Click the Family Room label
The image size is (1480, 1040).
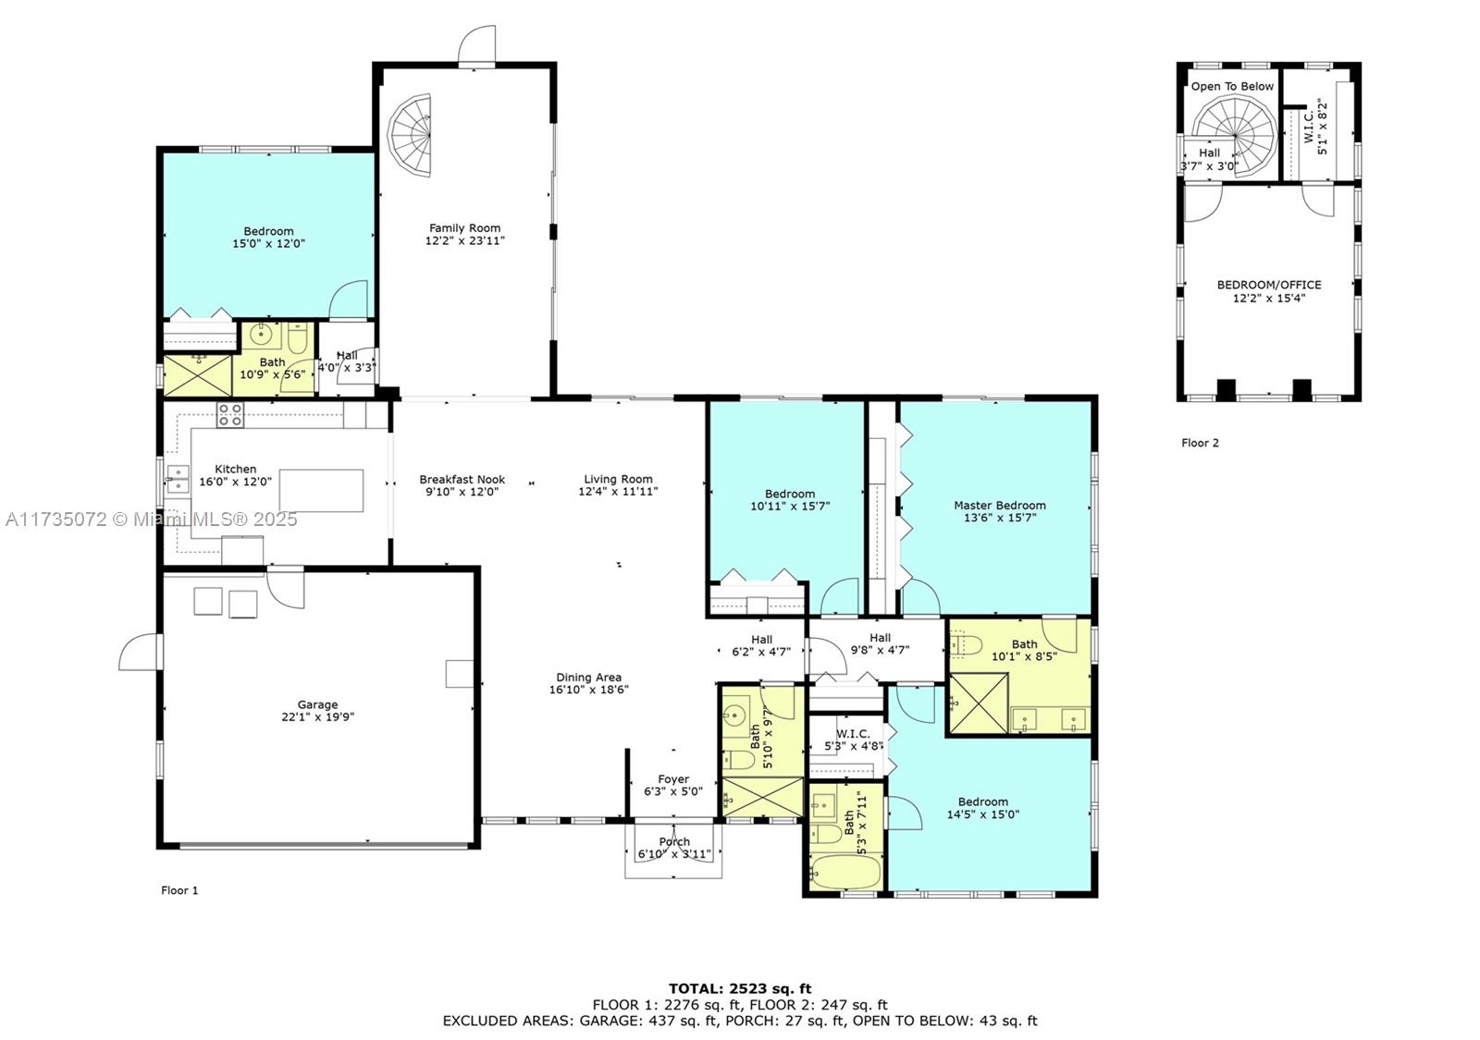(x=464, y=227)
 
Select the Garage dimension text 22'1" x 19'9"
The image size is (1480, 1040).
(x=317, y=716)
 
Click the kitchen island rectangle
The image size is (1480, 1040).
(x=321, y=490)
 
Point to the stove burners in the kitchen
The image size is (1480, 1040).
(x=230, y=415)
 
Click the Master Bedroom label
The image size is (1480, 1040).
(x=1000, y=505)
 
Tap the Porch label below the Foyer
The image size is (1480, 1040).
(x=674, y=841)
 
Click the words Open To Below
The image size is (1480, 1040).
(x=1232, y=86)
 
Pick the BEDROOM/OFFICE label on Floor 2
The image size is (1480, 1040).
(x=1268, y=285)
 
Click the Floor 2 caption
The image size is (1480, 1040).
(x=1200, y=443)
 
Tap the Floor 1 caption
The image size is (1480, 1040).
(x=179, y=890)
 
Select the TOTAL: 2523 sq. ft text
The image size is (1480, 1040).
(x=740, y=988)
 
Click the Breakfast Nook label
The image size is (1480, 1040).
(x=462, y=479)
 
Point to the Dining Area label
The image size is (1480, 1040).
(x=588, y=677)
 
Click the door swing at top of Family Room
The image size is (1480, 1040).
(x=479, y=44)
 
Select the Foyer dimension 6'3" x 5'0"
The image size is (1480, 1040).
(x=673, y=791)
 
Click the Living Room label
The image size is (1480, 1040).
(x=618, y=479)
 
